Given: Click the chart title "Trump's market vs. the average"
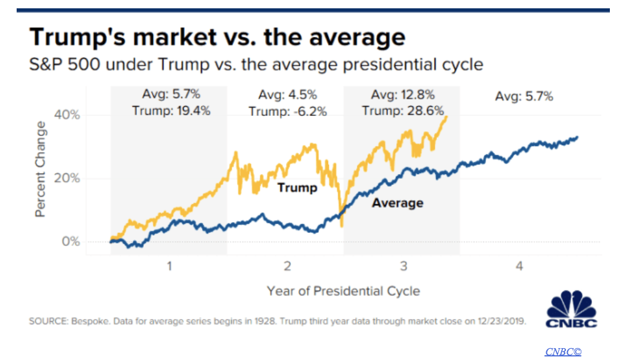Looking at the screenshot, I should pyautogui.click(x=217, y=37).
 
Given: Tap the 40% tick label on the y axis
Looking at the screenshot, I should pyautogui.click(x=67, y=115).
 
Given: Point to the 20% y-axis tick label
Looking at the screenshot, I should pyautogui.click(x=67, y=178).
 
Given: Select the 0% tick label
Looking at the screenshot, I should pyautogui.click(x=70, y=242).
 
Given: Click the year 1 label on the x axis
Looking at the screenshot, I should pyautogui.click(x=169, y=267).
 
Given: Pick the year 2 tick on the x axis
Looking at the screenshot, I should pyautogui.click(x=287, y=267).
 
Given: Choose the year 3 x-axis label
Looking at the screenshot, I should pyautogui.click(x=403, y=267).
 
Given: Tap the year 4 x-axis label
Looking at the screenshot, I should pyautogui.click(x=520, y=267).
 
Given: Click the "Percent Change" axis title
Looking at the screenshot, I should pyautogui.click(x=40, y=169).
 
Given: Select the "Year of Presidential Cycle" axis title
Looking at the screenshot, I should pyautogui.click(x=344, y=291).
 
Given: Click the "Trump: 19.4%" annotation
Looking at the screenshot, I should pyautogui.click(x=171, y=110).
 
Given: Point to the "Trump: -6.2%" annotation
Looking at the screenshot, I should pyautogui.click(x=288, y=111).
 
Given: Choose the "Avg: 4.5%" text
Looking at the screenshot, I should pyautogui.click(x=288, y=95).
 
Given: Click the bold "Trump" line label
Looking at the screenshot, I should pyautogui.click(x=298, y=188).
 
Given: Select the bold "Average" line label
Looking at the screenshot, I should pyautogui.click(x=398, y=203).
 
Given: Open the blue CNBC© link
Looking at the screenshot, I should pyautogui.click(x=563, y=352).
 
